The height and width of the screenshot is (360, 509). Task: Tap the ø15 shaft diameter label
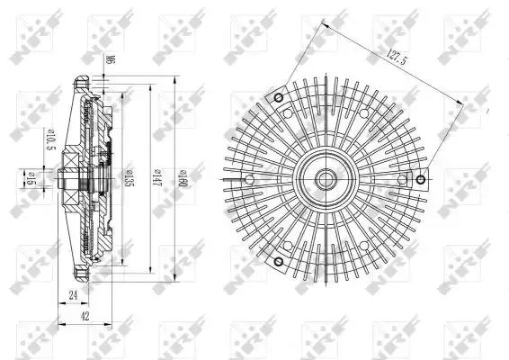[31, 180]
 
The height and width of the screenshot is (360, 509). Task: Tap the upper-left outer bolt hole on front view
[279, 97]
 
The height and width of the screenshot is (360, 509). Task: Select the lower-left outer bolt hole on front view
[279, 261]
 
